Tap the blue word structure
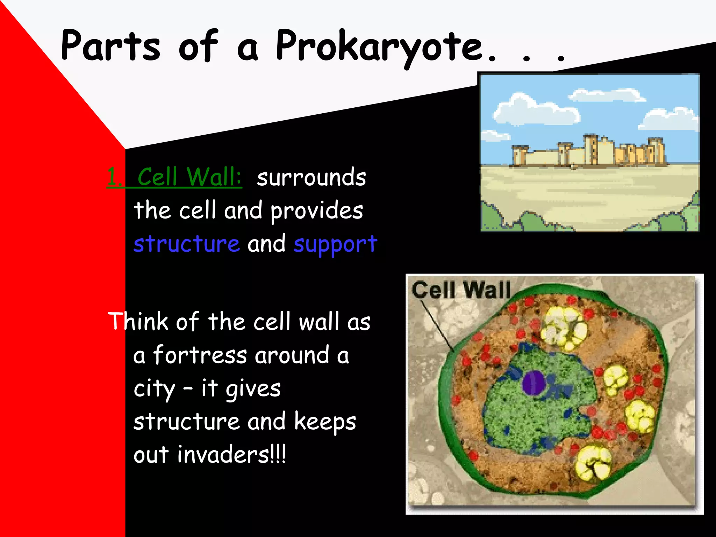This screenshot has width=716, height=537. click(x=186, y=244)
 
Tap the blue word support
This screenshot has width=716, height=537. click(x=335, y=244)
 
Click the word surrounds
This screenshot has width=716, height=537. click(x=311, y=177)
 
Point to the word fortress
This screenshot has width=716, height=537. click(x=200, y=355)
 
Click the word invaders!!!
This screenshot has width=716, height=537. click(x=231, y=454)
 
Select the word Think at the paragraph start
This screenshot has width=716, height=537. click(x=138, y=321)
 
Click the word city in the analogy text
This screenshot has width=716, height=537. click(x=154, y=389)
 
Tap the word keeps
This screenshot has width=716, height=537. click(x=325, y=422)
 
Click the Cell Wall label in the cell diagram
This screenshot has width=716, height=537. click(x=461, y=290)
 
